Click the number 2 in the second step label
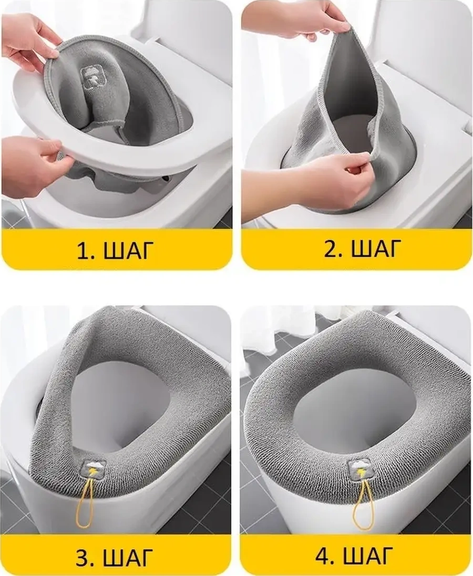[x=331, y=248]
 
